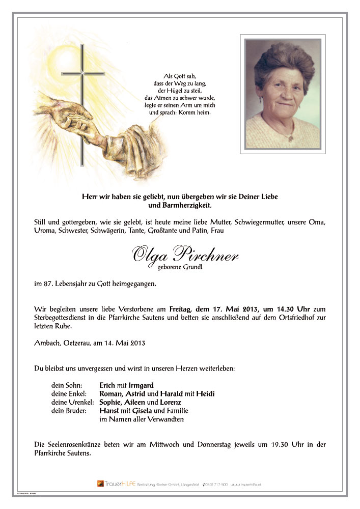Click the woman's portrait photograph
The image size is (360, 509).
(282, 94)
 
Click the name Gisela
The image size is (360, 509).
(142, 411)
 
